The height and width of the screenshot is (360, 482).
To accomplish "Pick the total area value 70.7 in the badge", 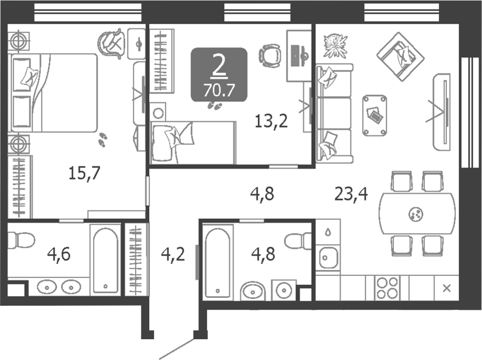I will (219, 89).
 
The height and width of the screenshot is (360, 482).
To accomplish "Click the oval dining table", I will (417, 214).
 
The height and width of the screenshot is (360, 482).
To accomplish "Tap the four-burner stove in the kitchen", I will (387, 287).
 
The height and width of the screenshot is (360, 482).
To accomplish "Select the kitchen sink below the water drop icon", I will (327, 259).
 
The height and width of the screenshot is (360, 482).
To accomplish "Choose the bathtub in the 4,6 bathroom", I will (106, 259).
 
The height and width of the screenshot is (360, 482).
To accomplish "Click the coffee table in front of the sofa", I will (375, 115).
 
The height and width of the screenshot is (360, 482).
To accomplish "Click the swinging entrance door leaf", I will (177, 348).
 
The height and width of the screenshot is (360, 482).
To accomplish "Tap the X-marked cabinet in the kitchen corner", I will (446, 288).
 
